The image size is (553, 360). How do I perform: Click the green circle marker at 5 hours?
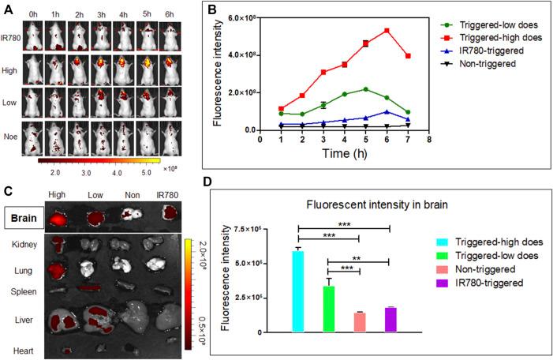tap(365, 89)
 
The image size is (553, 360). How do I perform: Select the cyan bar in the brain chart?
tap(297, 291)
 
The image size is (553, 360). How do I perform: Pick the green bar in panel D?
tap(329, 309)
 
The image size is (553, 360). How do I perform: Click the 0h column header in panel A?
tap(32, 14)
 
